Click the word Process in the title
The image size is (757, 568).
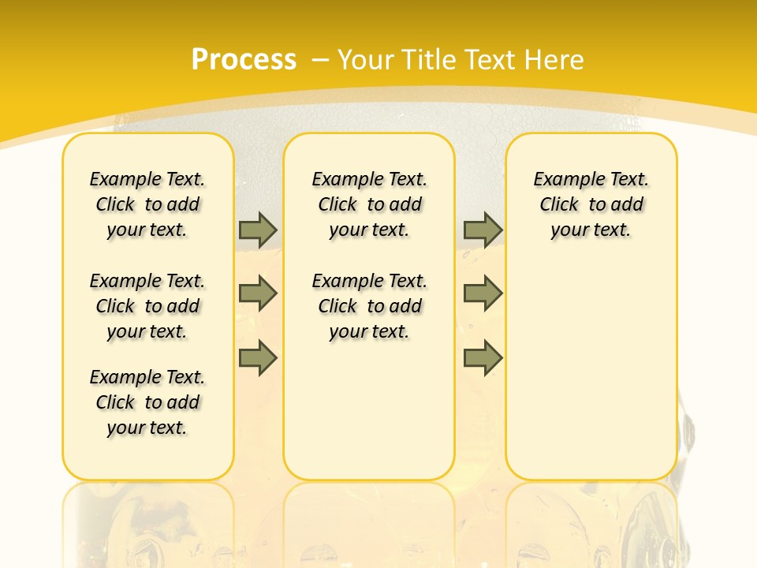tap(244, 60)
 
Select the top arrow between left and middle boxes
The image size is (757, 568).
tap(258, 230)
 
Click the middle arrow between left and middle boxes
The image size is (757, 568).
tap(258, 293)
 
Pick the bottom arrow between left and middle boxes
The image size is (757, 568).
tap(258, 358)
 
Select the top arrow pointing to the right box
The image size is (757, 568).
tap(483, 230)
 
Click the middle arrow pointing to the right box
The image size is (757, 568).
tap(483, 293)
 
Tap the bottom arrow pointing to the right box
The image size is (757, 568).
tap(483, 358)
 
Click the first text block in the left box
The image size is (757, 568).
tap(147, 204)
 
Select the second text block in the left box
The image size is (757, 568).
tap(147, 306)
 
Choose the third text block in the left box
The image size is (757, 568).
tap(147, 402)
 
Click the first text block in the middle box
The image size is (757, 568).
tap(370, 204)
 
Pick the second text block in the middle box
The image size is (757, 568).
tap(370, 306)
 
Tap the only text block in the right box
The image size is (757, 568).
tap(591, 204)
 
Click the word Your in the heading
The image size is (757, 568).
tap(366, 60)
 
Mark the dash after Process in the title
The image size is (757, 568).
tap(320, 60)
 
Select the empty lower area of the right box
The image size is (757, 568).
tap(591, 363)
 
